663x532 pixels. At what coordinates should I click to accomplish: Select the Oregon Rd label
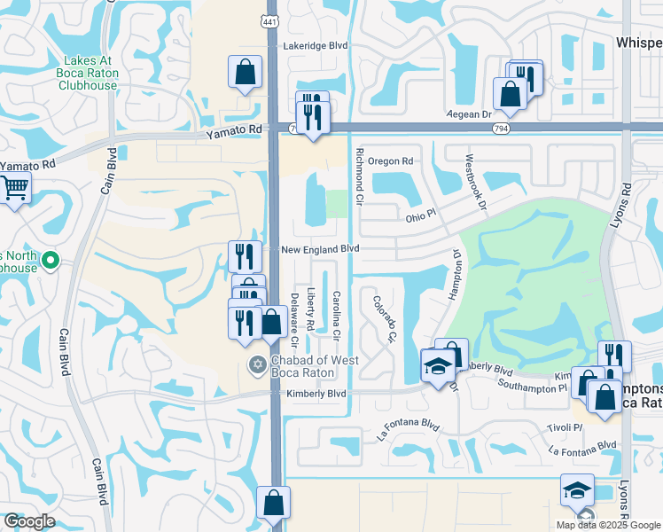click(x=390, y=161)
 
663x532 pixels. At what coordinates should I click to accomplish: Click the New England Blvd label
click(x=319, y=250)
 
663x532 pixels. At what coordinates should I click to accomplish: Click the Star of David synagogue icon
click(x=258, y=364)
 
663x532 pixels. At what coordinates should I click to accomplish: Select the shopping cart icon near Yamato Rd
click(x=15, y=189)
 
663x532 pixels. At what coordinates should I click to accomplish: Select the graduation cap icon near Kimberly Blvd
click(x=437, y=367)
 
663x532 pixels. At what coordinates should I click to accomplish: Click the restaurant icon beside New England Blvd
click(x=243, y=255)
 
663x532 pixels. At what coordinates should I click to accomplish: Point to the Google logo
click(x=29, y=521)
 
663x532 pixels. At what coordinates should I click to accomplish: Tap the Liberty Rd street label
click(x=310, y=309)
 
